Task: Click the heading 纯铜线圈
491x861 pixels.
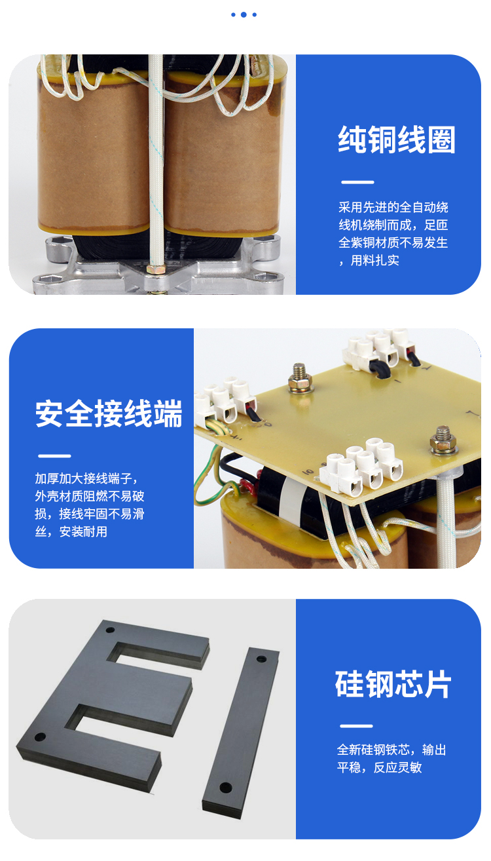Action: coord(396,140)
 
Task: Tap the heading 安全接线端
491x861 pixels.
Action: coord(109,413)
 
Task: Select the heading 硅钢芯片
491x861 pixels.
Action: coord(393,684)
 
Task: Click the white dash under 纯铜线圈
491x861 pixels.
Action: coord(357,182)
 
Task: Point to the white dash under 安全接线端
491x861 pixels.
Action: coord(54,456)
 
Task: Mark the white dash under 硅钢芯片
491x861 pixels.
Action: coord(356,726)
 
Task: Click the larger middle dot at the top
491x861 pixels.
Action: coord(244,14)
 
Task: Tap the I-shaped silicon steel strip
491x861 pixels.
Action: coord(241,732)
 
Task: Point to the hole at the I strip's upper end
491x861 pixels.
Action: coord(261,659)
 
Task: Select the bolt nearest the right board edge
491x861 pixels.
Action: coord(444,440)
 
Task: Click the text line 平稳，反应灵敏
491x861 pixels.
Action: coord(379,767)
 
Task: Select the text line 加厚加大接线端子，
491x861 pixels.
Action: coord(86,478)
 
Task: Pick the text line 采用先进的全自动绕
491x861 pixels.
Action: coord(393,207)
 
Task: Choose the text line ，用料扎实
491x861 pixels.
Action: coord(369,260)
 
